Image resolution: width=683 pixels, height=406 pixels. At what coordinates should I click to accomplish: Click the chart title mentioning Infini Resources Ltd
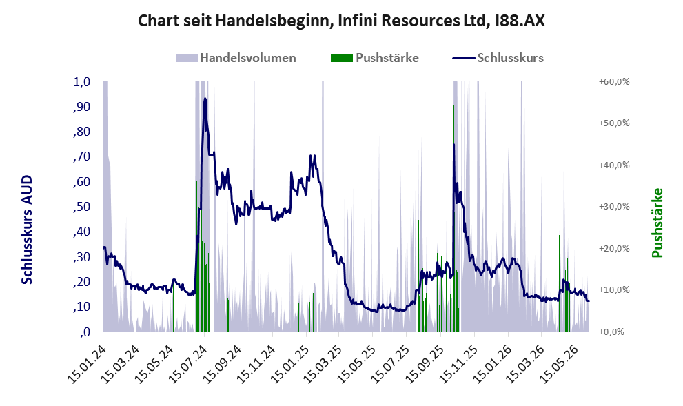click(x=342, y=21)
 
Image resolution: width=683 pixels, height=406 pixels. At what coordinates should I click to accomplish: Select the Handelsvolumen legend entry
click(x=236, y=58)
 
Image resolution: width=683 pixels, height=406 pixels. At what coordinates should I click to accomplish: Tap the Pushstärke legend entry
click(x=375, y=58)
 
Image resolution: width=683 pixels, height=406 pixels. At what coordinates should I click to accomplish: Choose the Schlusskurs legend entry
click(x=498, y=58)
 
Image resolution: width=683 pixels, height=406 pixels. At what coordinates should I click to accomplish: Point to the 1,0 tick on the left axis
click(x=81, y=82)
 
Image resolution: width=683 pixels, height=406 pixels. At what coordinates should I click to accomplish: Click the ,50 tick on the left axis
click(x=81, y=207)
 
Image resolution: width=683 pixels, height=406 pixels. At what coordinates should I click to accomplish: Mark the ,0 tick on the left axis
click(x=85, y=332)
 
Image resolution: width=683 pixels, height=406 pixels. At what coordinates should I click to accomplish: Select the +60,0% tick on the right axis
click(x=614, y=82)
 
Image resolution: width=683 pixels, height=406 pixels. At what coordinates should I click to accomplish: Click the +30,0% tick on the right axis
click(x=614, y=207)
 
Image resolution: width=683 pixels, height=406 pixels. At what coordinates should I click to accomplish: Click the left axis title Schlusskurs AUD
click(x=27, y=230)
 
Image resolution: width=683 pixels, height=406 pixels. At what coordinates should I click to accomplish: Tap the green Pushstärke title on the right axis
click(x=657, y=223)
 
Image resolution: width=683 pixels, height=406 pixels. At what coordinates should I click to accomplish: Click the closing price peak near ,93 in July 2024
click(x=205, y=99)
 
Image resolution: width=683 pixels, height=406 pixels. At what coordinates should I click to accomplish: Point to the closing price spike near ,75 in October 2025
click(x=453, y=145)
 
